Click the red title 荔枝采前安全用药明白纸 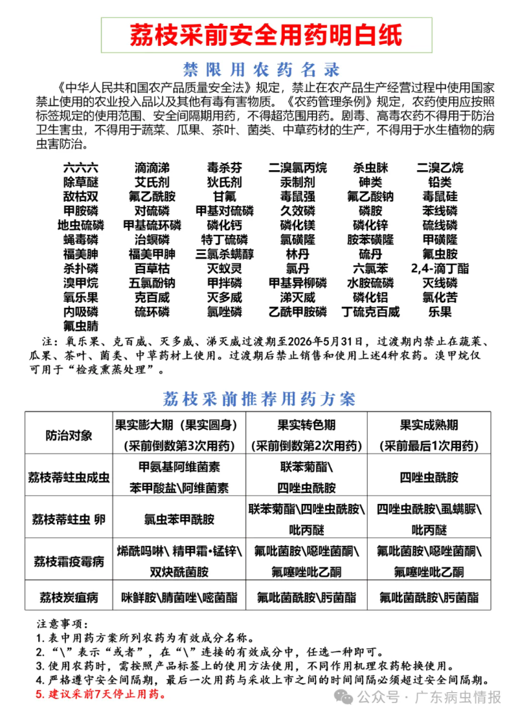[x=265, y=34]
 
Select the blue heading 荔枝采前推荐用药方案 [x=260, y=397]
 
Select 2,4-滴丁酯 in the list [x=440, y=268]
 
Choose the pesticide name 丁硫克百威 [x=370, y=312]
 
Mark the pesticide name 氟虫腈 [x=81, y=325]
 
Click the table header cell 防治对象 [x=69, y=435]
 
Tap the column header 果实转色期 [x=306, y=425]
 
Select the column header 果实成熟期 [x=429, y=425]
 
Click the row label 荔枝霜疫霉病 [x=69, y=561]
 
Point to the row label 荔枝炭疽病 [x=69, y=597]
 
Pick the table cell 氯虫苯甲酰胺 [x=179, y=519]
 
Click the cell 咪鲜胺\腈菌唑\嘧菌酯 [x=179, y=597]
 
